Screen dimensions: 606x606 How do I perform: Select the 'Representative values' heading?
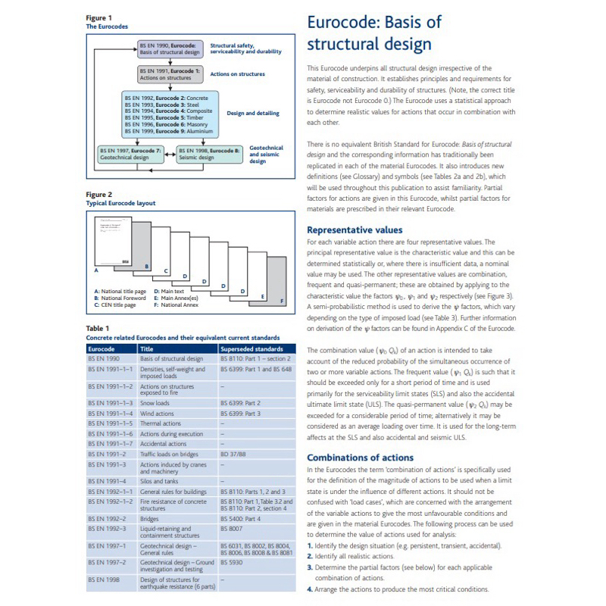(355, 230)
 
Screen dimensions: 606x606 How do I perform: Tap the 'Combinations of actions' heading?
(360, 458)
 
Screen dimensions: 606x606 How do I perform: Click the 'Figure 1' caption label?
(99, 17)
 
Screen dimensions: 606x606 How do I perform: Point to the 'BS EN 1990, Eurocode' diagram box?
(171, 49)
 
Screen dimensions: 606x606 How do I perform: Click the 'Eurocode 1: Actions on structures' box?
(171, 73)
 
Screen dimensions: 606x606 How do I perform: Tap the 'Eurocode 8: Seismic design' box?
(210, 154)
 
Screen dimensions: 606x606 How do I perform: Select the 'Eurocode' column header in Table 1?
(101, 348)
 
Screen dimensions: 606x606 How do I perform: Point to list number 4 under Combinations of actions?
(309, 589)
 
